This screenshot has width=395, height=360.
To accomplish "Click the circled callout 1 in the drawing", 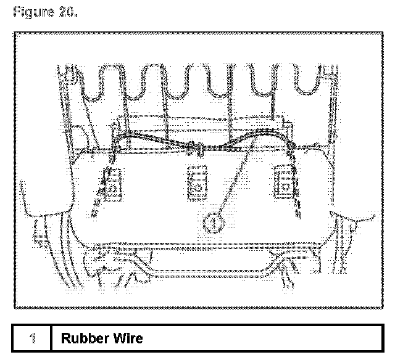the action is [213, 219].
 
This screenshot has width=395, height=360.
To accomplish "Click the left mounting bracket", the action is [114, 184].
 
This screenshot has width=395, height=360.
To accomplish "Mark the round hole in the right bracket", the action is [286, 183].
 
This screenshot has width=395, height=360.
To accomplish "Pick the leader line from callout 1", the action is [231, 182].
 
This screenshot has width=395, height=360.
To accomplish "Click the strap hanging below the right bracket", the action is [299, 197].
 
